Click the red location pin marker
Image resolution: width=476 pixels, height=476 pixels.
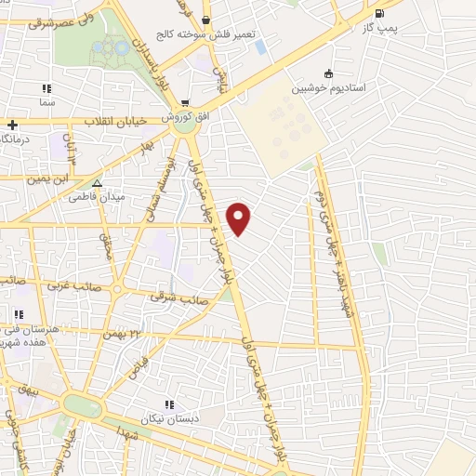(240, 218)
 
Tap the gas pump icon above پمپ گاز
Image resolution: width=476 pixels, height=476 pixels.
(378, 14)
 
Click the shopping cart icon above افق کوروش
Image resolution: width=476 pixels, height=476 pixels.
(185, 103)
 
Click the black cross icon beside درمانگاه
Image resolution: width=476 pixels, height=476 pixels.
(12, 125)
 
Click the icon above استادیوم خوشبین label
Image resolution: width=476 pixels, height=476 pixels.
(327, 74)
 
